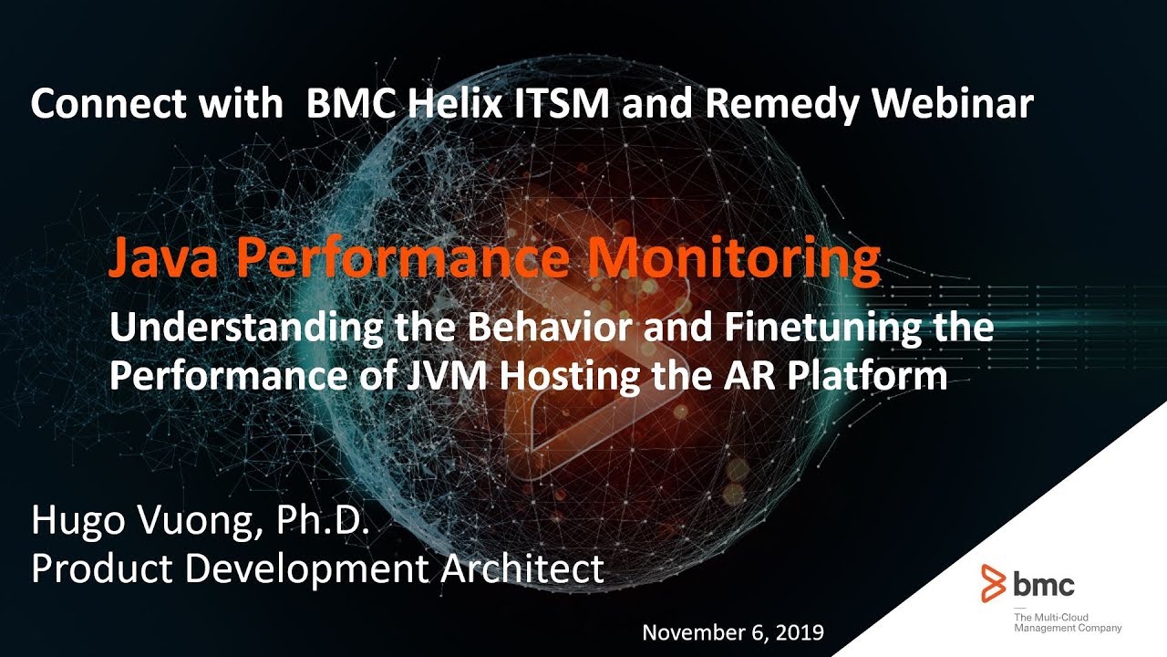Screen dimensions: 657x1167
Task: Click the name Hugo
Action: pyautogui.click(x=76, y=522)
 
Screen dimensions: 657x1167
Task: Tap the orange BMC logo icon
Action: pyautogui.click(x=994, y=583)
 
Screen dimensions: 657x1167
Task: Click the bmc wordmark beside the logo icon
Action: pyautogui.click(x=1044, y=584)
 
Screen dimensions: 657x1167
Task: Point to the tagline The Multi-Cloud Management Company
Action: pyautogui.click(x=1068, y=622)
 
